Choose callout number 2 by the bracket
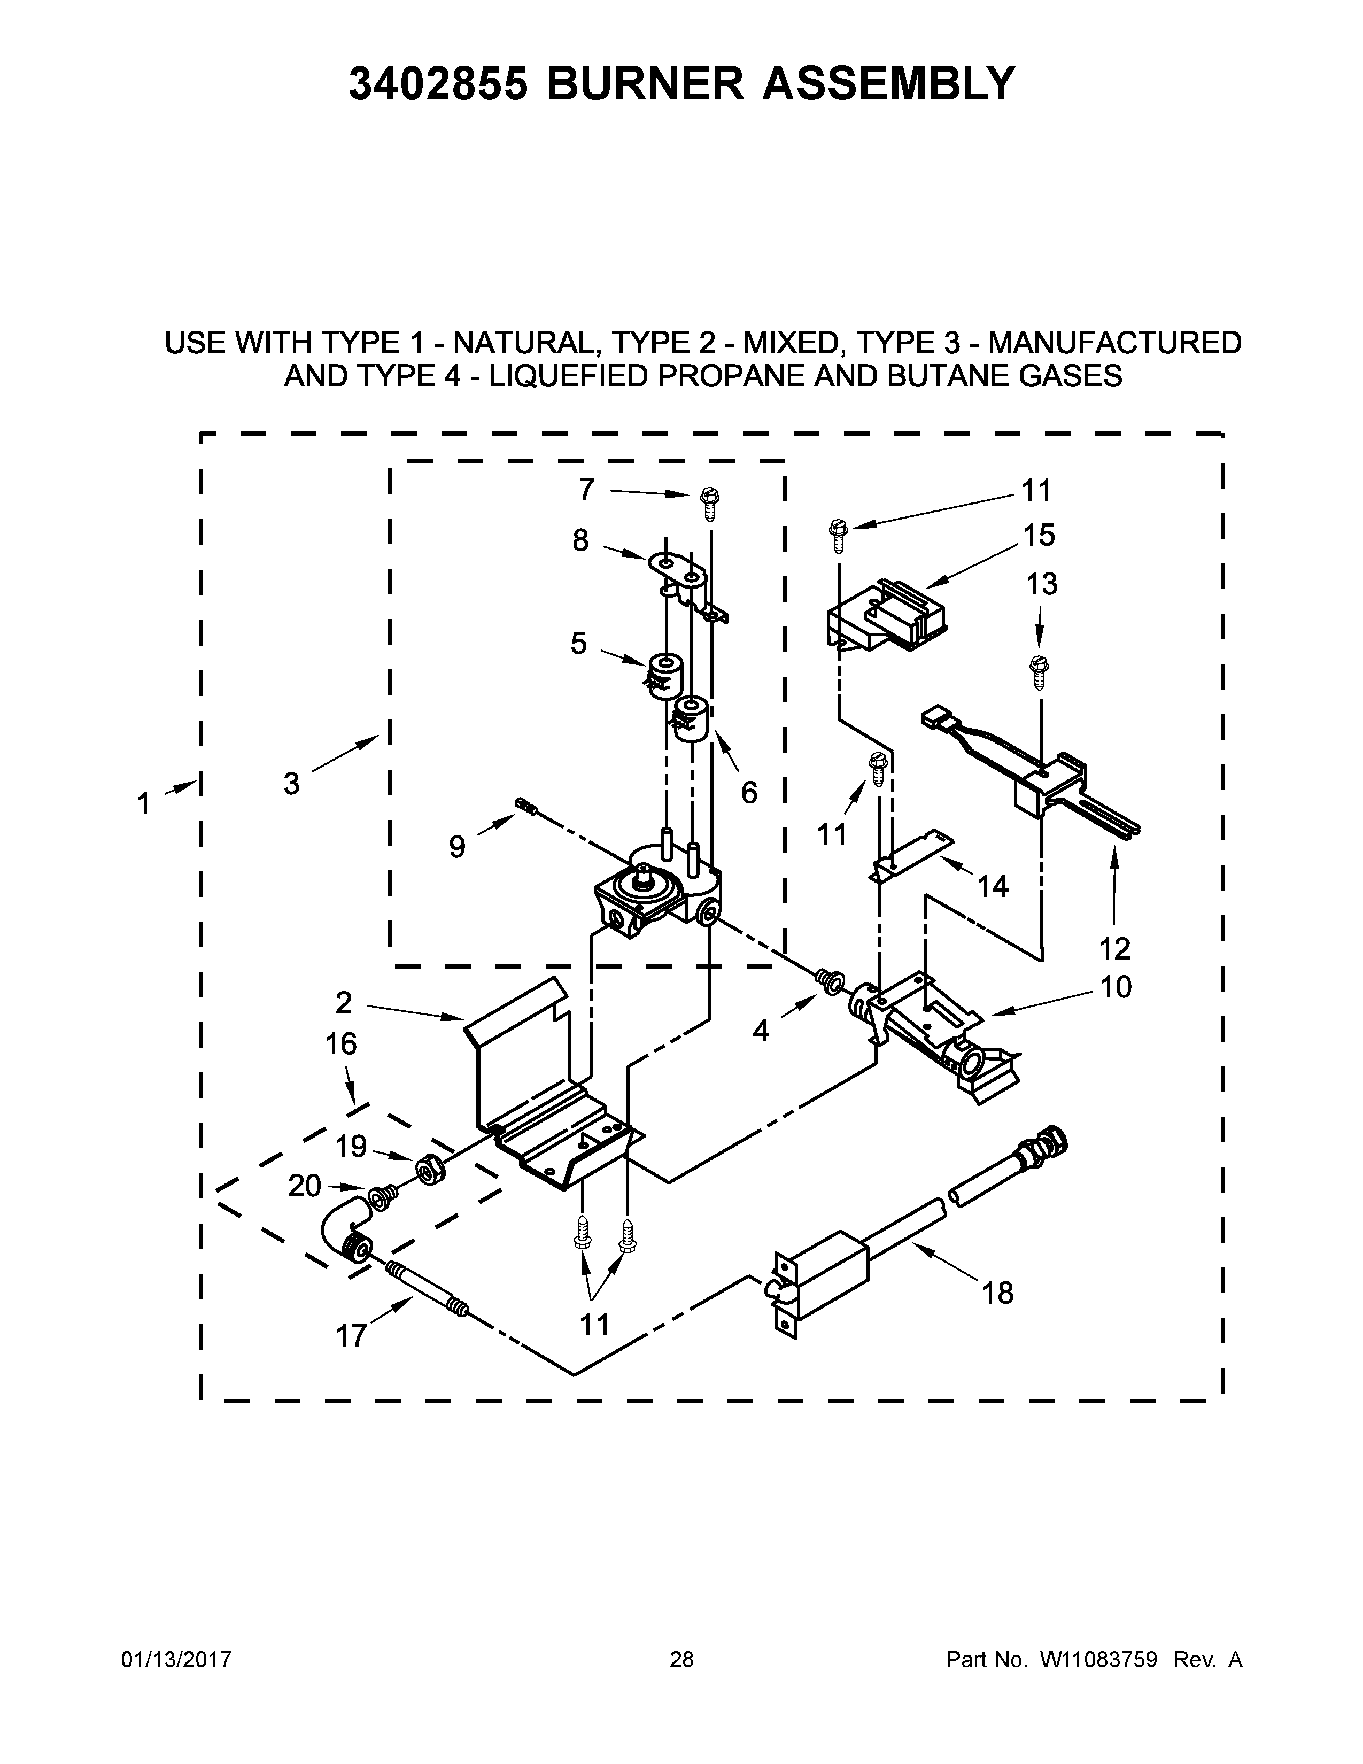pyautogui.click(x=344, y=1002)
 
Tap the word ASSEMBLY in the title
pyautogui.click(x=888, y=83)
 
